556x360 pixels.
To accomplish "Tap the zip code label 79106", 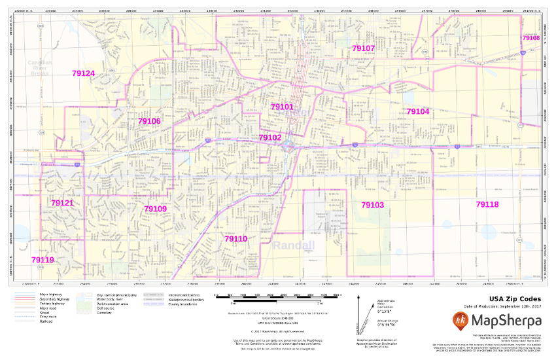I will point(149,121).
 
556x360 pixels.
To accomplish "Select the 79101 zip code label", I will point(282,107).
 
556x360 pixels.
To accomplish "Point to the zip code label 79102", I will point(269,137).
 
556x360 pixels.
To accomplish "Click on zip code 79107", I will point(363,48).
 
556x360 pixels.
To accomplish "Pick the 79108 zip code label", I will point(530,38).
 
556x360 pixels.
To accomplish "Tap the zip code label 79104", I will point(418,112).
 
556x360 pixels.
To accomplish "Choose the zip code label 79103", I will point(373,205).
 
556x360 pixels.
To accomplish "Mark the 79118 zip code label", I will point(487,205).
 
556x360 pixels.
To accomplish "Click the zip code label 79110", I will point(235,239).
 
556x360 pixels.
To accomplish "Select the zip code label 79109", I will point(155,209).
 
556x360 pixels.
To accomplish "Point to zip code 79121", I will point(62,204).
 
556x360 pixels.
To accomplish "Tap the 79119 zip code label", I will point(43,260).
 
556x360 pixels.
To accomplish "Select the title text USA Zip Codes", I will point(509,299).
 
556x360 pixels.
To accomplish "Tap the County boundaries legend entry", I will point(183,304).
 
